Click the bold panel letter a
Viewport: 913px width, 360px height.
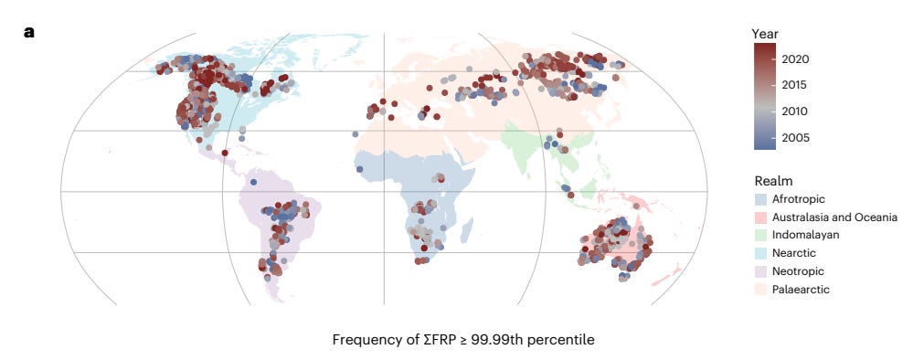[29, 33]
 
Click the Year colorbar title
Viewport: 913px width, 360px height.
[765, 34]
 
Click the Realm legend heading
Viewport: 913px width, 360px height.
[773, 181]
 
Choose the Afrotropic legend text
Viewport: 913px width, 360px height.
[798, 199]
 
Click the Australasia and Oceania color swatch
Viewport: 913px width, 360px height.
[759, 217]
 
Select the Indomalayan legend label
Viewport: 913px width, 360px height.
[806, 236]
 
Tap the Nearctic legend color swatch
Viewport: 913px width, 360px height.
[759, 253]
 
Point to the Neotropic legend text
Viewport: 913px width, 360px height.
[798, 271]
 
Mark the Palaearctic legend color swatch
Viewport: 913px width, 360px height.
[759, 290]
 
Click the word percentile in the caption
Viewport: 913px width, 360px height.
[567, 340]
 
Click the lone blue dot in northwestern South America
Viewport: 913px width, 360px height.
[253, 183]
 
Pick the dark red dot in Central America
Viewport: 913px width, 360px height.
[225, 153]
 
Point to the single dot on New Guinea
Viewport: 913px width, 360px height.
[636, 206]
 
